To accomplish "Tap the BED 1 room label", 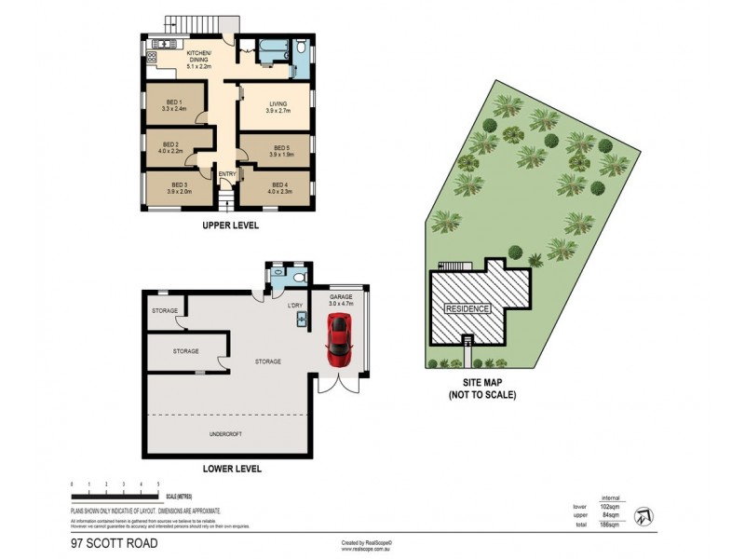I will pyautogui.click(x=174, y=105).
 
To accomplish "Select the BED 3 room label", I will pyautogui.click(x=178, y=188).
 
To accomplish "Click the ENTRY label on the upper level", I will pyautogui.click(x=227, y=174).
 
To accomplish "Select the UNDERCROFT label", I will pyautogui.click(x=225, y=434).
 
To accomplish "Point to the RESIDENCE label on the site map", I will pyautogui.click(x=467, y=308).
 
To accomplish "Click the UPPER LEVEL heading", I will pyautogui.click(x=230, y=225).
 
